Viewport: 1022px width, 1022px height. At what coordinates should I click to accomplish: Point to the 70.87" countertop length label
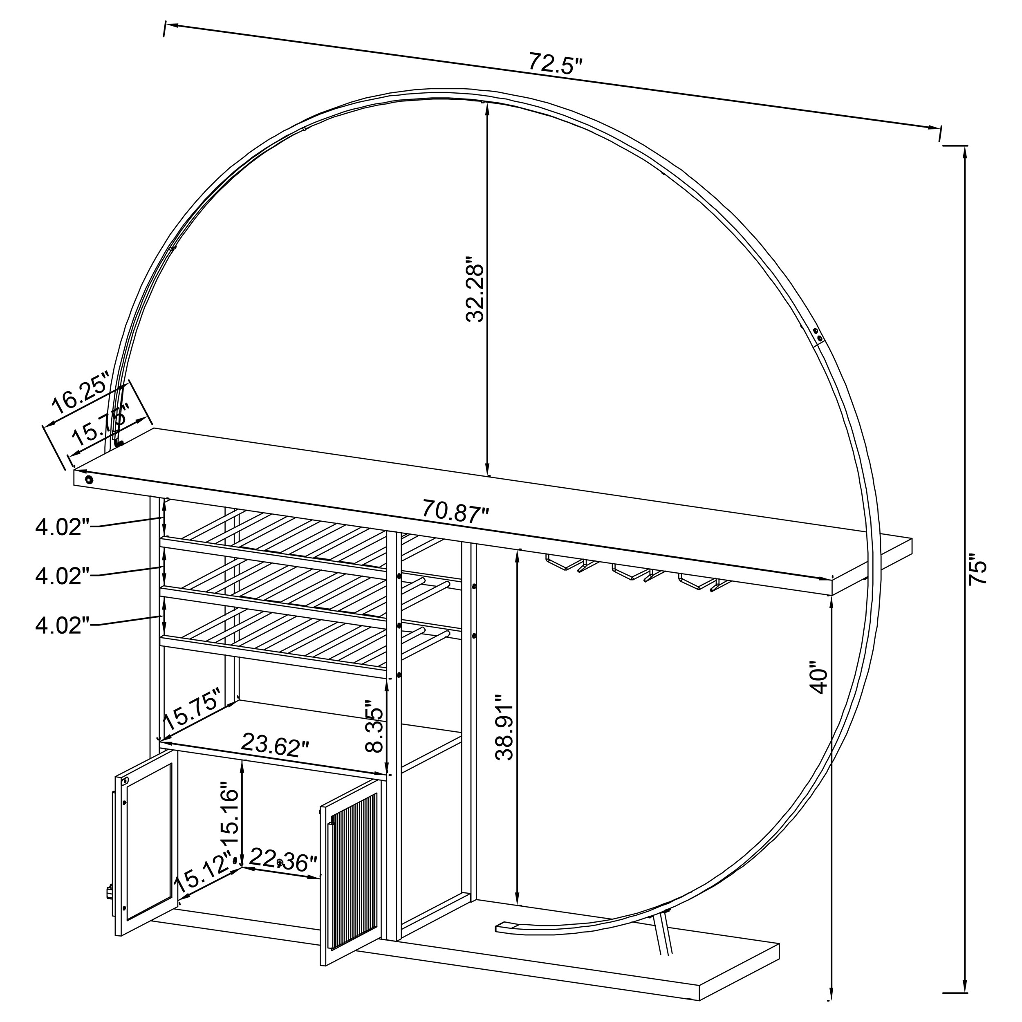coord(455,512)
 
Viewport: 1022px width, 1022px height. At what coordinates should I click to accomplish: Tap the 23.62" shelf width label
coord(275,744)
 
